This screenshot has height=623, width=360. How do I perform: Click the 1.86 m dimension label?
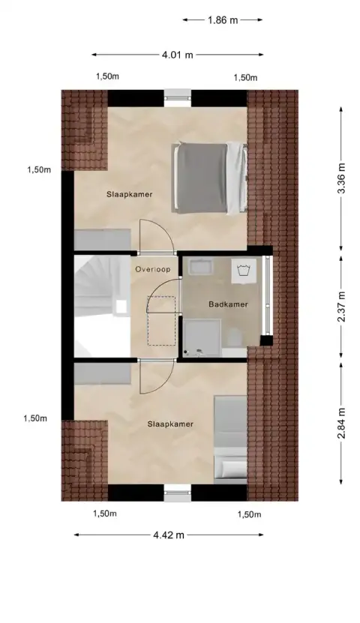(x=223, y=20)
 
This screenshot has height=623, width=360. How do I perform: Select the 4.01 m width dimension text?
(x=178, y=54)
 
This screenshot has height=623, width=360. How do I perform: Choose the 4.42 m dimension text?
(x=169, y=535)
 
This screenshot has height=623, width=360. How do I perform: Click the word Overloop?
(x=152, y=268)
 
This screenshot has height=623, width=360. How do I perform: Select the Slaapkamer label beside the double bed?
(x=129, y=194)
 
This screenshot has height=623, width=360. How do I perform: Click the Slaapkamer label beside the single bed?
(x=170, y=424)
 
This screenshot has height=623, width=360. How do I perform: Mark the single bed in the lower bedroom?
(x=229, y=438)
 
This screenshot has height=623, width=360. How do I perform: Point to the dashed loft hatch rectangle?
(x=160, y=319)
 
